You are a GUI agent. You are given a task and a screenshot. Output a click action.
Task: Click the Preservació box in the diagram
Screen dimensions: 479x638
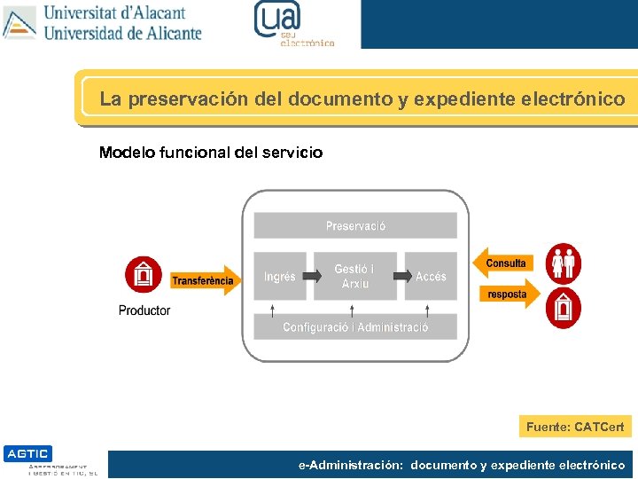[355, 225]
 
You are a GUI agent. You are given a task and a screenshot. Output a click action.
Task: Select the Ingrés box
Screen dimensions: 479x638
[280, 277]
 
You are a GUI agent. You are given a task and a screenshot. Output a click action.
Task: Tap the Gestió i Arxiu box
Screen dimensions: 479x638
[354, 276]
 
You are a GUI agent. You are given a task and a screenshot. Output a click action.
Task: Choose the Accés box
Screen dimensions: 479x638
[431, 277]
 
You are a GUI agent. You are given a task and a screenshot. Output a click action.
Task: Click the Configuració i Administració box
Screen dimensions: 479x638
[355, 326]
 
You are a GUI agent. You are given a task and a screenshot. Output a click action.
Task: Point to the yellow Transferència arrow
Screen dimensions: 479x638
[204, 280]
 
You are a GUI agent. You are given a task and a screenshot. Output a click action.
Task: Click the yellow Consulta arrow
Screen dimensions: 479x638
[506, 263]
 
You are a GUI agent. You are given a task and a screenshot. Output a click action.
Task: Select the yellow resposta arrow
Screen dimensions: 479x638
[508, 294]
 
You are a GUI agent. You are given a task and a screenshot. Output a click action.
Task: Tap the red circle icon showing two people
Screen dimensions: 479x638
[563, 262]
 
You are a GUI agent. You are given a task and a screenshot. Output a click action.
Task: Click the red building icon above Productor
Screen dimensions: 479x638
[144, 275]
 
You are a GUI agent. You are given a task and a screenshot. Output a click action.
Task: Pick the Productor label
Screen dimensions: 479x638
[144, 310]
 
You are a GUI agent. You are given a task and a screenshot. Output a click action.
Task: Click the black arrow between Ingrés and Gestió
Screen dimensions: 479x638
[315, 277]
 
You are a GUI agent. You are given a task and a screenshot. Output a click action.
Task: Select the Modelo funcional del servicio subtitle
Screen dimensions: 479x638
[211, 153]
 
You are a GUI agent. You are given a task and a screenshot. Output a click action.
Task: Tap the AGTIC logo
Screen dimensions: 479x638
[27, 453]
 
